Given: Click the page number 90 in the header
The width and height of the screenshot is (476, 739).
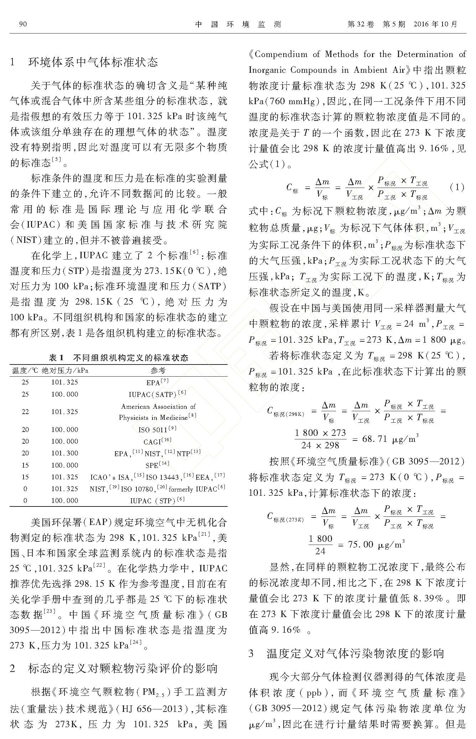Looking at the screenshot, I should click(x=23, y=24).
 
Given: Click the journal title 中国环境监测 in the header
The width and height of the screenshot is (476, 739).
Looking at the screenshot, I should click(x=238, y=24).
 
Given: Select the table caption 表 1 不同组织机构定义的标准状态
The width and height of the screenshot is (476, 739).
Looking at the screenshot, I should click(x=118, y=357).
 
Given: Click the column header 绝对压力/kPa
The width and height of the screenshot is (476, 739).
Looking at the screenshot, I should click(x=65, y=370).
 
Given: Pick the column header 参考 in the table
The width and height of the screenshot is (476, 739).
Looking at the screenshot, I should click(x=158, y=370).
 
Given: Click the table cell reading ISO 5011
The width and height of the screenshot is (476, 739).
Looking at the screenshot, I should click(x=157, y=429).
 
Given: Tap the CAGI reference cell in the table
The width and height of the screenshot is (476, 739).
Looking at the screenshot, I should click(x=157, y=442).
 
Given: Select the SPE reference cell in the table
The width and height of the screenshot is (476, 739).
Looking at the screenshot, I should click(x=157, y=465).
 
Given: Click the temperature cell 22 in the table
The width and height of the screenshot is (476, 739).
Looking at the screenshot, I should click(x=25, y=412).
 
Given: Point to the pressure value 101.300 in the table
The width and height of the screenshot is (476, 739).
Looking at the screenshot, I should click(x=64, y=453).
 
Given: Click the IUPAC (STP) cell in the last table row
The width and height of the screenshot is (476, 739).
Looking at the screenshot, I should click(x=157, y=501).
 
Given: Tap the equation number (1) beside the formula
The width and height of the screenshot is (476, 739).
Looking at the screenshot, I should click(x=457, y=187).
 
